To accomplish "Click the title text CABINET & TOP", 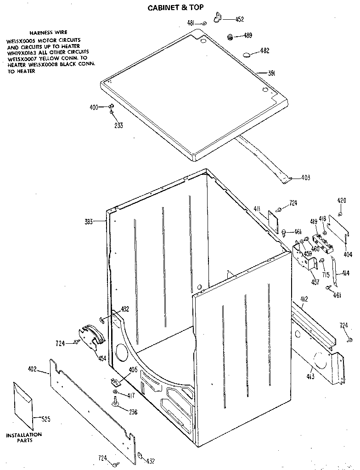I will coord(175,7).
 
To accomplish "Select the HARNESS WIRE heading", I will coord(48,33).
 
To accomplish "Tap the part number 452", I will coord(239,19).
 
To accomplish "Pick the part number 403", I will coord(305,178).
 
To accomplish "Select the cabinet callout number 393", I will coord(89,222).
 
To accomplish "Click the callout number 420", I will coord(342,201).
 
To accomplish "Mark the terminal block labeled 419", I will coord(323,243).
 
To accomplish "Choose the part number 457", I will coord(315,282).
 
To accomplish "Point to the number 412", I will coord(304,299).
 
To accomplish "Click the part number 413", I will coord(311,376).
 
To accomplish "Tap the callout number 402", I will coord(32,369).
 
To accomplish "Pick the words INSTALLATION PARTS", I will coord(23,437).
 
